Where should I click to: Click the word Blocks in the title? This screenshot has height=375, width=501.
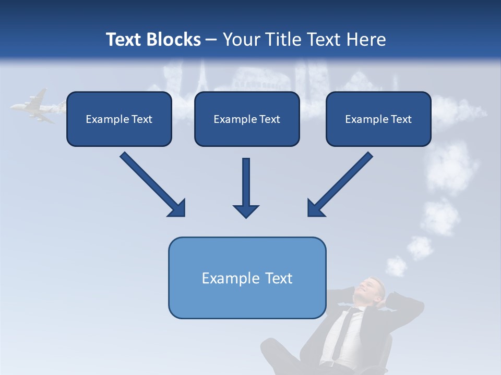click(x=174, y=40)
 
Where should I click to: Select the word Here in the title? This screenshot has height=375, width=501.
click(x=367, y=40)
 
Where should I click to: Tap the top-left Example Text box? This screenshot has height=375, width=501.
click(x=119, y=119)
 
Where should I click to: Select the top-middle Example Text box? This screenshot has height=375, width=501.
click(x=247, y=119)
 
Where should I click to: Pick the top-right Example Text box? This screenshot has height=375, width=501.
click(x=378, y=119)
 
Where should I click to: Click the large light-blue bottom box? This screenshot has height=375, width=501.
click(x=247, y=278)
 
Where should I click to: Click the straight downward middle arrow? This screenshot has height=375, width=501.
click(x=246, y=187)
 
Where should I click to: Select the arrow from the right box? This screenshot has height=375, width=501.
click(x=340, y=184)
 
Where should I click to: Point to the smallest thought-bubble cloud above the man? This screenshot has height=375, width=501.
click(x=396, y=266)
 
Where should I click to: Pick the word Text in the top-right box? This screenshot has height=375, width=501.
click(x=401, y=119)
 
